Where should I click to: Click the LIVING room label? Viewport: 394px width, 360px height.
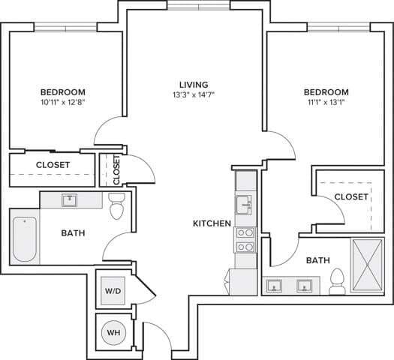[194, 85]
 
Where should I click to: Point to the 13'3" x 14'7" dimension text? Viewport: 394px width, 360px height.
[194, 96]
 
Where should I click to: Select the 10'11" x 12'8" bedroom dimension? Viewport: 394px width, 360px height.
[63, 103]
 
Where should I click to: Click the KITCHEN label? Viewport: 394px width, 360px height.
[212, 223]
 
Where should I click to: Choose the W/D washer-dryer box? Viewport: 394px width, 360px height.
[113, 290]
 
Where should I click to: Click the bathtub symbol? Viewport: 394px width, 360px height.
[25, 238]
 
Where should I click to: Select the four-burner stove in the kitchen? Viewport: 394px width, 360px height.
[245, 239]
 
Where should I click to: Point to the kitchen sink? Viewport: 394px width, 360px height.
[245, 204]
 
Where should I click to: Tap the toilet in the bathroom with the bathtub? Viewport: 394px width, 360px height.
[116, 206]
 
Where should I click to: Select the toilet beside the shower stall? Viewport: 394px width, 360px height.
[338, 280]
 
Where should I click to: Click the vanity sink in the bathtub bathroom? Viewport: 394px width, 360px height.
[70, 200]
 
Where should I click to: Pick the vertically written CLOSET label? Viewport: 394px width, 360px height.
[116, 169]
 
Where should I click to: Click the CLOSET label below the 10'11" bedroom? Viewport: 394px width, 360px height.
[53, 164]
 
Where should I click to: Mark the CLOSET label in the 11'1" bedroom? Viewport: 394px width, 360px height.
[351, 196]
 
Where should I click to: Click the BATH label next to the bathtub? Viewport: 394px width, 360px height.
[73, 233]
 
